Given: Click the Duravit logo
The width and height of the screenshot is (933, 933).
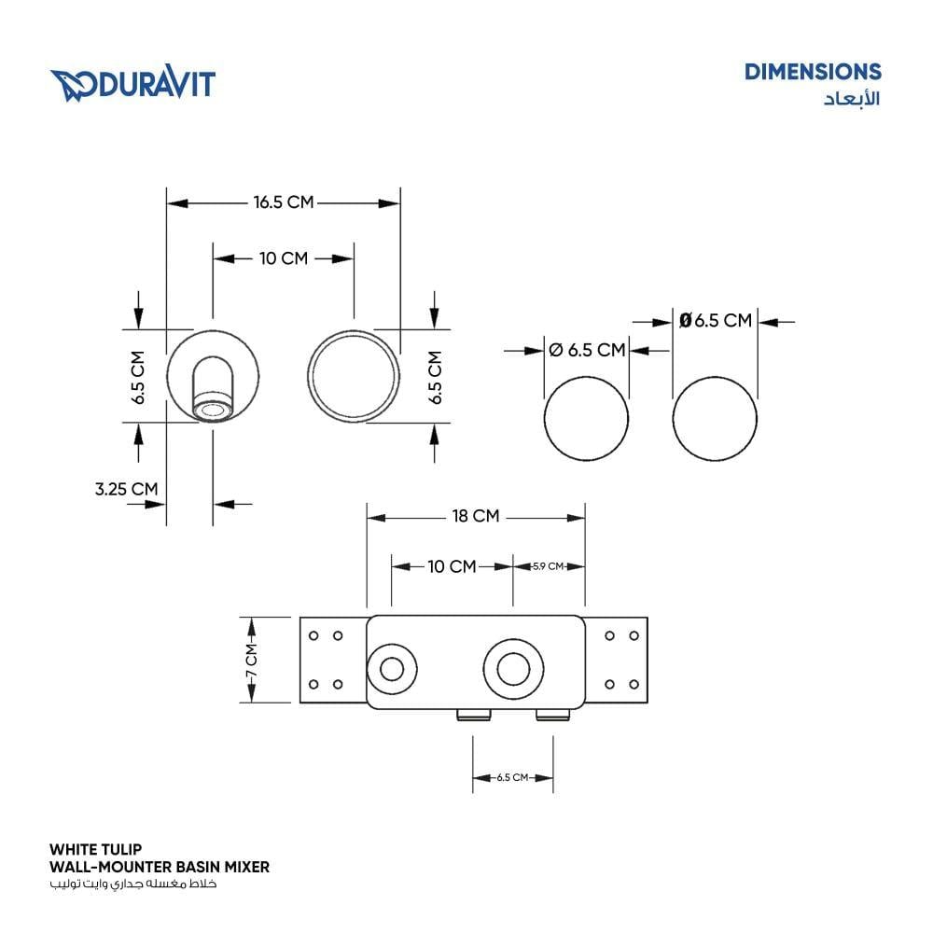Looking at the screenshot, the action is point(132,83).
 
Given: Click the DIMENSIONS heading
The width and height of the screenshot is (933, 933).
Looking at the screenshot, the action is point(813,72).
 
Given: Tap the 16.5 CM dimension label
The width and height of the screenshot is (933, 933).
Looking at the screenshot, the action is point(284,202).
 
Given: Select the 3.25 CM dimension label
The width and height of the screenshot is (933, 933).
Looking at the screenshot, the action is point(127,489).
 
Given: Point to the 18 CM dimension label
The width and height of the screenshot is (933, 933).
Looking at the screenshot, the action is point(476,516).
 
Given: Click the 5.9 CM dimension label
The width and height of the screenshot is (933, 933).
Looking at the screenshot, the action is point(548,566).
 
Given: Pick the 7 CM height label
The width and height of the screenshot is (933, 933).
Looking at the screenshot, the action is point(252,660).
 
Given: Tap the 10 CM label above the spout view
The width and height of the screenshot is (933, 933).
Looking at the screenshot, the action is point(284,258).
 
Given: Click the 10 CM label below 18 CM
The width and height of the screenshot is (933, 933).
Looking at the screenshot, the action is point(452,566).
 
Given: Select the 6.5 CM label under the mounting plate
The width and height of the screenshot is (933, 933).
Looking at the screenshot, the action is point(512,778).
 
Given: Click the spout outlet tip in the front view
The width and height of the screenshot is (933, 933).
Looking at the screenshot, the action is point(213,410).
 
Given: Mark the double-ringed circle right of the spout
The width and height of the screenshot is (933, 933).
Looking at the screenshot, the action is point(354,377).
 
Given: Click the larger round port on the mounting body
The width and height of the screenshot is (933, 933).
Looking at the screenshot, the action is point(513,669).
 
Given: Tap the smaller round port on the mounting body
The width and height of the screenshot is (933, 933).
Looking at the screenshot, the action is point(392,669).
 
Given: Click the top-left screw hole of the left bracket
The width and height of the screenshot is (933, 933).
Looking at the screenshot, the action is point(313,635).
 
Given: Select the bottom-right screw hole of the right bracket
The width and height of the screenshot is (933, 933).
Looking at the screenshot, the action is point(634,684).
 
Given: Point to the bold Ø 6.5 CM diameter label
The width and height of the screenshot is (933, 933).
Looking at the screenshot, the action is point(716,321).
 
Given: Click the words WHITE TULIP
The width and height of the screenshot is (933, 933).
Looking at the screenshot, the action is point(96,849).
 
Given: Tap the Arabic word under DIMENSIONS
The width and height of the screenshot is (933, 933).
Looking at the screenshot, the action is point(852,98).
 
